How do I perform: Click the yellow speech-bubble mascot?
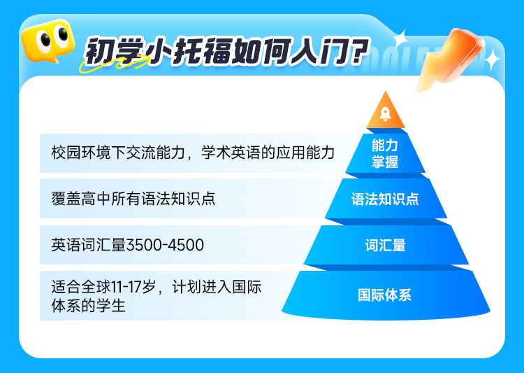pyautogui.click(x=48, y=41)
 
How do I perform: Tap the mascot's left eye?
pyautogui.click(x=43, y=41)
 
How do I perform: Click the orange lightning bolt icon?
pyautogui.click(x=449, y=59)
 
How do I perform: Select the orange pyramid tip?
pyautogui.click(x=386, y=110)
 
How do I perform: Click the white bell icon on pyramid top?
pyautogui.click(x=385, y=114)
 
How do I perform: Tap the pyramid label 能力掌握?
pyautogui.click(x=385, y=154)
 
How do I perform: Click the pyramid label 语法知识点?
pyautogui.click(x=385, y=199)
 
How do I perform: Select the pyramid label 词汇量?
pyautogui.click(x=385, y=245)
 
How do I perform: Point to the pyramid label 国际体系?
pyautogui.click(x=385, y=295)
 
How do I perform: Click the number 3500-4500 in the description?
pyautogui.click(x=165, y=245)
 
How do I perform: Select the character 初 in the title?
pyautogui.click(x=99, y=51)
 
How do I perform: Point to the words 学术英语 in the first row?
pyautogui.click(x=231, y=153)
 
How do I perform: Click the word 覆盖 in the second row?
pyautogui.click(x=66, y=199)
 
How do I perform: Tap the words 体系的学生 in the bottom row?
pyautogui.click(x=89, y=306)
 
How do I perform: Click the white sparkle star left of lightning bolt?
pyautogui.click(x=400, y=38)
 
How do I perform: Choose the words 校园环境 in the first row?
pyautogui.click(x=81, y=153)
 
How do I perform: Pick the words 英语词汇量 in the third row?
pyautogui.click(x=89, y=245)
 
